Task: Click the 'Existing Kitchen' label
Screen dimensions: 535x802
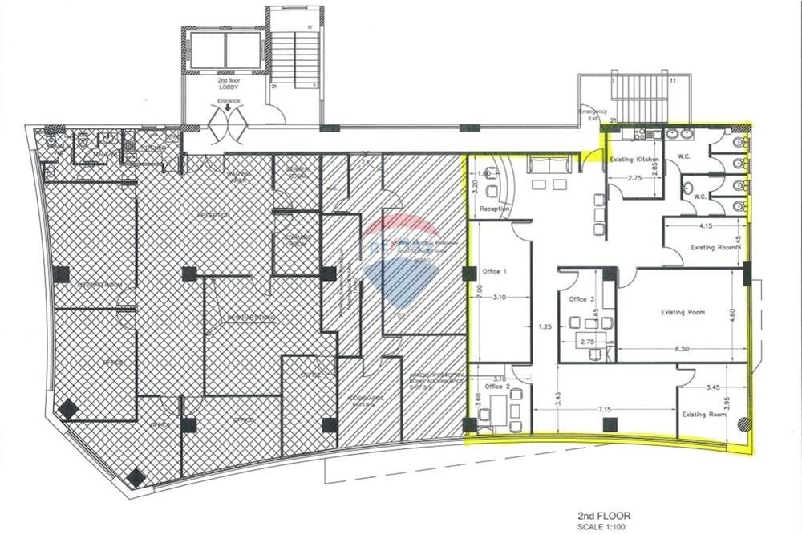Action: [634, 160]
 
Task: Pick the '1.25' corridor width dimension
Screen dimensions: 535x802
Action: [545, 327]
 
